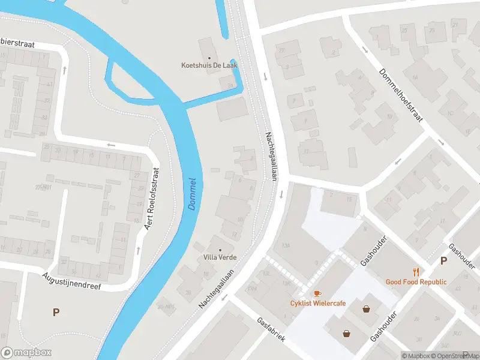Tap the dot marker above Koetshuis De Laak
point(209,58)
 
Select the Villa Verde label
point(219,257)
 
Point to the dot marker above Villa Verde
point(220,250)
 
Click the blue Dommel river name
point(192,193)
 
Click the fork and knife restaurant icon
point(416,272)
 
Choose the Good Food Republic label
point(416,282)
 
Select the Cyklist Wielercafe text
point(318,303)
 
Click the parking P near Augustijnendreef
point(56,312)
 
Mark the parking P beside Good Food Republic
point(443,260)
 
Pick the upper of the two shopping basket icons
point(366,309)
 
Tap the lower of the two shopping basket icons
point(346,333)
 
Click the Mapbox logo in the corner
point(26,353)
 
